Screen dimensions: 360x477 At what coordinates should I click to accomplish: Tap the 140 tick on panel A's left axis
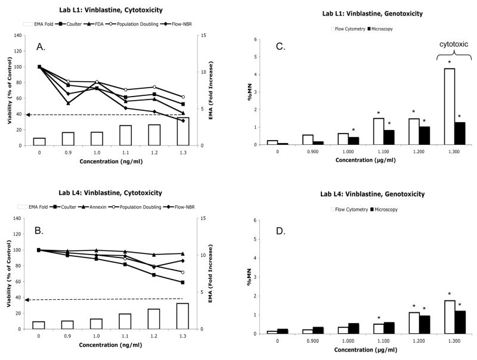pos(24,36)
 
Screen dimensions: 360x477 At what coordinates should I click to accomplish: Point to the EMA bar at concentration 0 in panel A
pos(39,141)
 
